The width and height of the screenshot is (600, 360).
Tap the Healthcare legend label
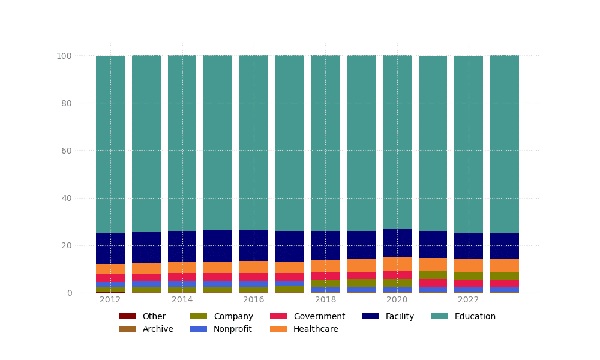tap(316, 329)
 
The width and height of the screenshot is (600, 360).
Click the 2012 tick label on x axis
tap(110, 300)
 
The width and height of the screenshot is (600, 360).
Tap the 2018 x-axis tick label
tap(325, 300)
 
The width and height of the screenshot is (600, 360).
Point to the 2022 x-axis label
tap(469, 300)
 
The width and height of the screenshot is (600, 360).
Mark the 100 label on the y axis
tap(64, 56)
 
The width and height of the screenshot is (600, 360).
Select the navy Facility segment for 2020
tap(397, 243)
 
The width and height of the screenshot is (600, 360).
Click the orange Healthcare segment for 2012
tap(110, 269)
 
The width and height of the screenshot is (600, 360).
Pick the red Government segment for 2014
tap(182, 277)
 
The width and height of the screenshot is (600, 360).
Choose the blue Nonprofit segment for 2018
tap(325, 289)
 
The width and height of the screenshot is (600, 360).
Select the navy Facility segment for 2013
tap(146, 247)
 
